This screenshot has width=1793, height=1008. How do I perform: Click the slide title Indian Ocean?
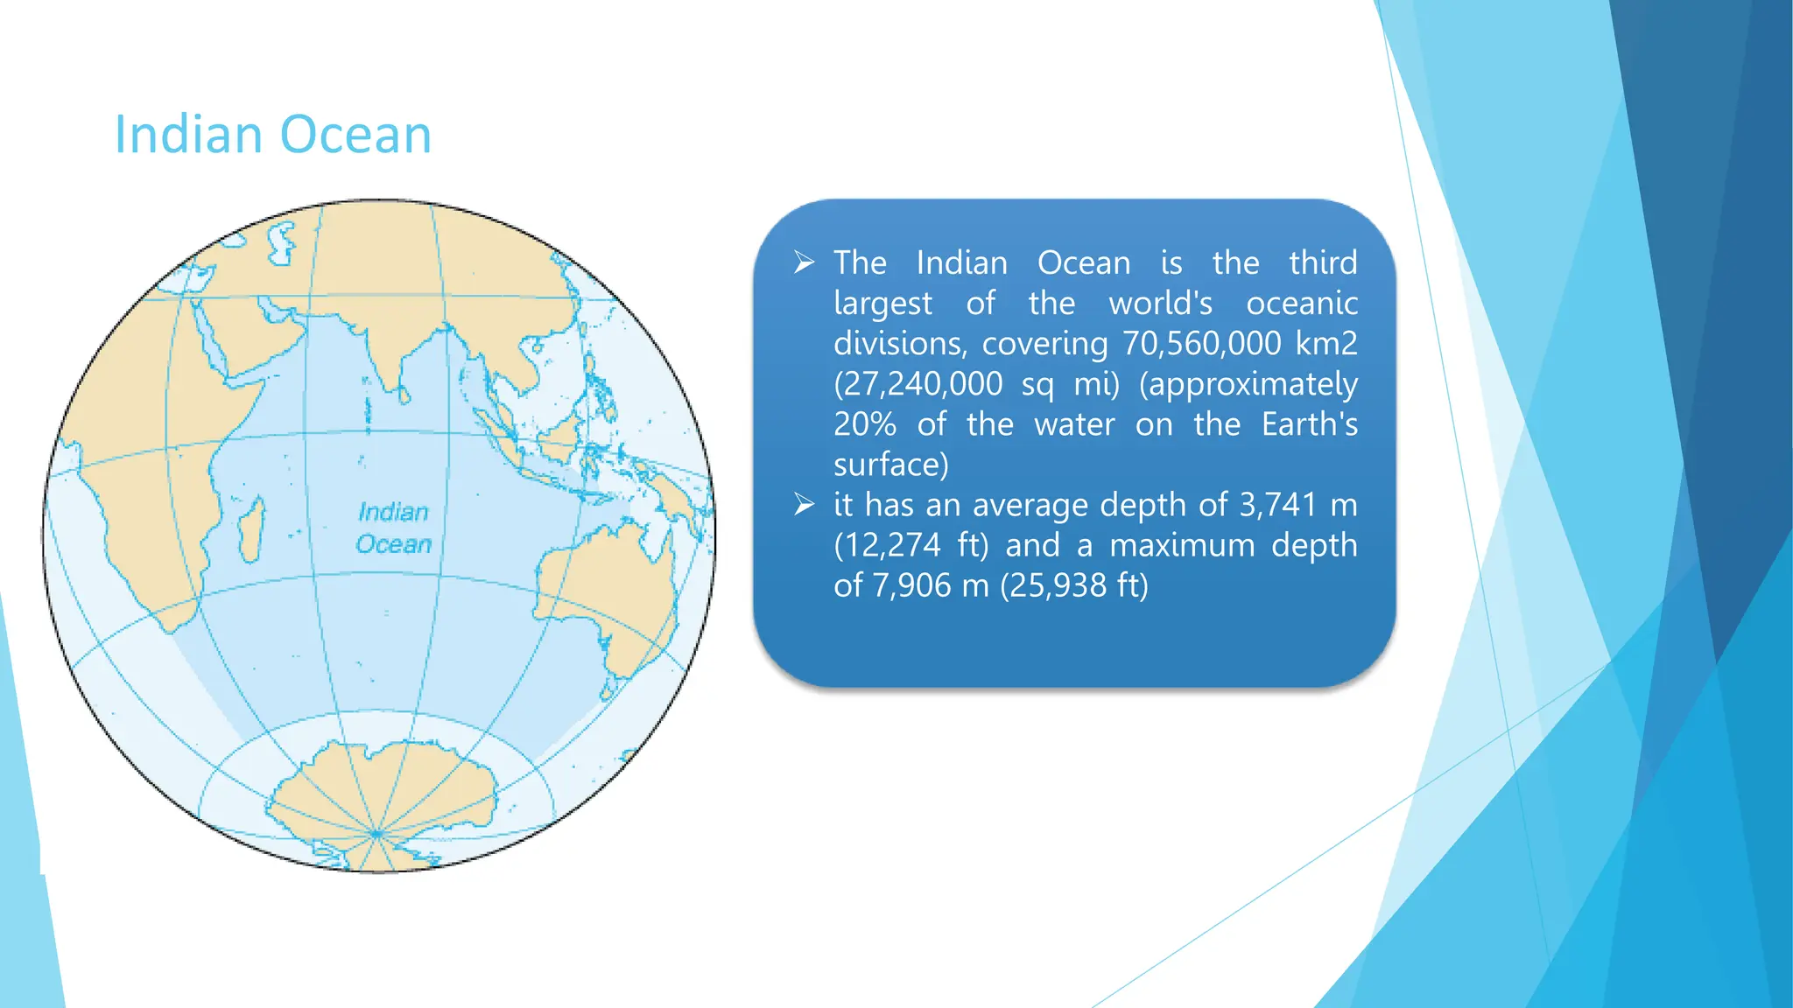pos(272,136)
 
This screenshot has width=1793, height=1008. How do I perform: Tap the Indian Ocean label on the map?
pos(393,528)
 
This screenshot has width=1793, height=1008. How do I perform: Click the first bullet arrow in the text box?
pos(804,262)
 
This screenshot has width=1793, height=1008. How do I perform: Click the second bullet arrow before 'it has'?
pos(804,505)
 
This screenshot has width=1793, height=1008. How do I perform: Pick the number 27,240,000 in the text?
pos(918,384)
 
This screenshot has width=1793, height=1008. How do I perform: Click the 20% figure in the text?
pos(864,424)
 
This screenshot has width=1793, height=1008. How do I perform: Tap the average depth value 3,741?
pos(1277,505)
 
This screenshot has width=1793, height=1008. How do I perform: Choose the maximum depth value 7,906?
pos(911,585)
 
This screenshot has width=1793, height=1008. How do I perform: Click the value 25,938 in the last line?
pos(1058,585)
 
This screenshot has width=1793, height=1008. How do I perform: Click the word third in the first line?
pos(1322,262)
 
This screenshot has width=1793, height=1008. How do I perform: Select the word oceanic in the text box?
pos(1301,303)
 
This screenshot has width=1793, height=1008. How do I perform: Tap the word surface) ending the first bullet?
pos(890,465)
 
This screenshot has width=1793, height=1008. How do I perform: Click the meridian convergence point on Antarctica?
pos(376,835)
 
